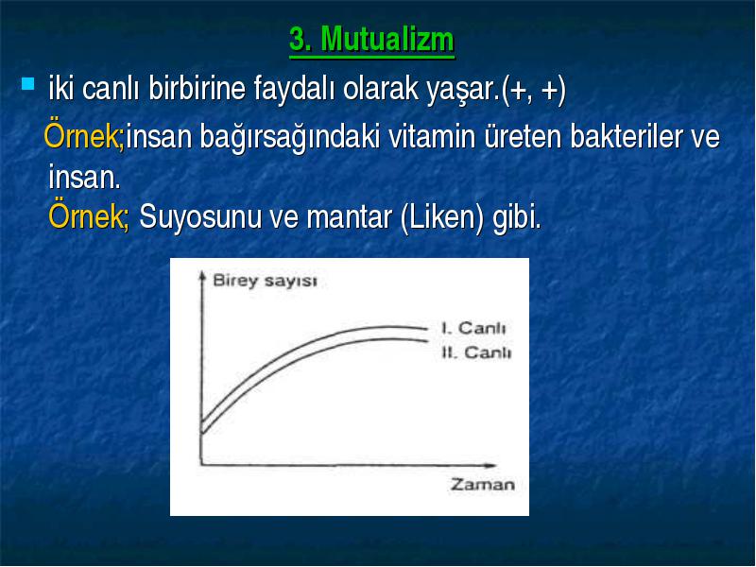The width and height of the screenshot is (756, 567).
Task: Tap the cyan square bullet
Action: pyautogui.click(x=28, y=84)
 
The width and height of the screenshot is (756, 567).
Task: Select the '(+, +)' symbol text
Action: pyautogui.click(x=533, y=90)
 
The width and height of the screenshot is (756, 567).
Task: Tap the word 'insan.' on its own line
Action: pyautogui.click(x=84, y=177)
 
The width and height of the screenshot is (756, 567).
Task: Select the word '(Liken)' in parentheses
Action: pyautogui.click(x=442, y=218)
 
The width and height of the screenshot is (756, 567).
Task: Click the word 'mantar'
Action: pyautogui.click(x=349, y=218)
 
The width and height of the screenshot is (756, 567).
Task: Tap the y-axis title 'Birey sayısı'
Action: pyautogui.click(x=266, y=281)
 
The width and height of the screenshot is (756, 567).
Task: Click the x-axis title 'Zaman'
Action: pyautogui.click(x=482, y=484)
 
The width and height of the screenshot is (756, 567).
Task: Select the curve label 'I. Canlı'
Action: pyautogui.click(x=473, y=328)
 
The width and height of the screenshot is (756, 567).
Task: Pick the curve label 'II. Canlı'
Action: pyautogui.click(x=476, y=352)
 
